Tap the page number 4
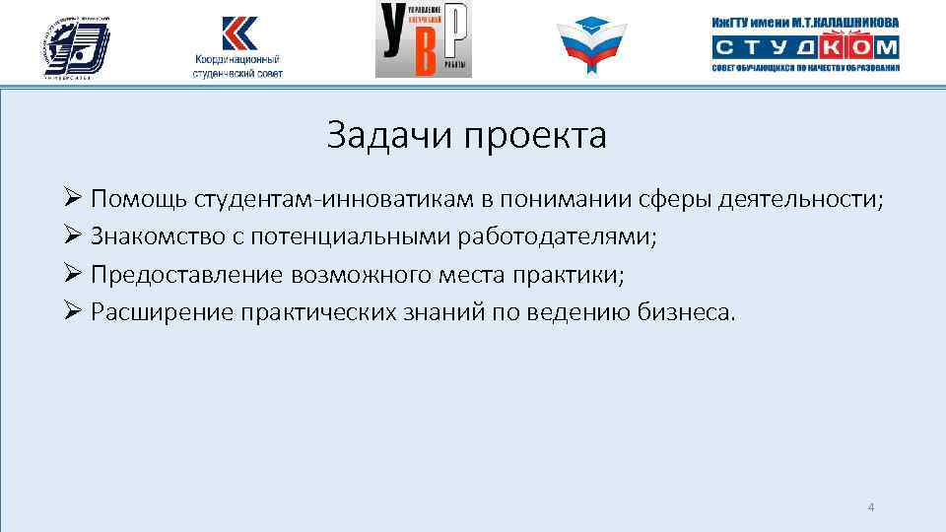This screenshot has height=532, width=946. (x=870, y=507)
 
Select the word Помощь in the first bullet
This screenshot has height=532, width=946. (x=139, y=200)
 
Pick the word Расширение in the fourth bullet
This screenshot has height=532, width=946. (x=153, y=312)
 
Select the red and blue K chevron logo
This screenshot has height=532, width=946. (x=237, y=33)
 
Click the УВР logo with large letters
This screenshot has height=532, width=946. (x=424, y=39)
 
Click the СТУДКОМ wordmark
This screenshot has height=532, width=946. (x=805, y=46)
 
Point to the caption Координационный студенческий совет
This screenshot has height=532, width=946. (x=237, y=66)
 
